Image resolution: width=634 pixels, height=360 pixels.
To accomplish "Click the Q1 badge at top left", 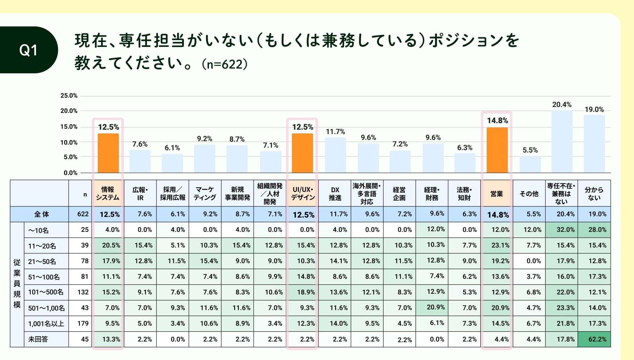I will pos(28,50).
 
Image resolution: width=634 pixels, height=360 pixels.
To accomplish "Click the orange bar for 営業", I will pos(497,150).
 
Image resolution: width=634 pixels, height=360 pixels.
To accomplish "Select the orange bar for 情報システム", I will pos(108,153).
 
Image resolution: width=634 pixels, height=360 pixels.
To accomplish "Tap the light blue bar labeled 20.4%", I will pos(562,142).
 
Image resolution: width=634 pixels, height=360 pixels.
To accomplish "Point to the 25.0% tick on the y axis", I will pos(69,96).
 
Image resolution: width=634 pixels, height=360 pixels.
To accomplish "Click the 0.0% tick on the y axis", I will pos(70,173).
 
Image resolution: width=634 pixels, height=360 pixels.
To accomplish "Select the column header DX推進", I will pos(335,194).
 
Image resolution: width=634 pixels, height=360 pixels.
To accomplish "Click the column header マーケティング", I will pos(205,194).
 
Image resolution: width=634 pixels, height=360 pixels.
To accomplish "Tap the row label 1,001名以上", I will pos(46,324).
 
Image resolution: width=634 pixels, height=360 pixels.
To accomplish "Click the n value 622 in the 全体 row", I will pos(83,214).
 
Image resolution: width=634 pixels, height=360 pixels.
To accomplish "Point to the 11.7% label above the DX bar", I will pos(335,132).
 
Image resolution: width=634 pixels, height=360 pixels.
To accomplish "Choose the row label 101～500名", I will pos(46,292).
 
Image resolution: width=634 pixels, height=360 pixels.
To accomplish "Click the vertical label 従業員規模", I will pos(17,283).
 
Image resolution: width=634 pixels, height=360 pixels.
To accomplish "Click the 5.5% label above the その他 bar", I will pos(530,150).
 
